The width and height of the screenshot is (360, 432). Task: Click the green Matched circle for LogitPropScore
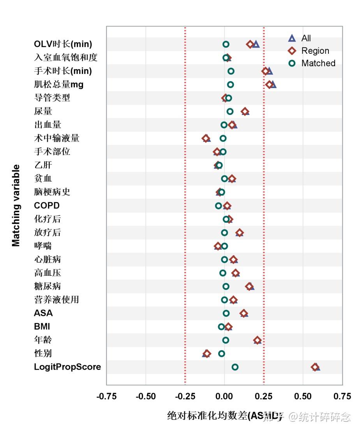pyautogui.click(x=235, y=367)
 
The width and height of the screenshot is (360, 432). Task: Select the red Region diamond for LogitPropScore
pyautogui.click(x=315, y=367)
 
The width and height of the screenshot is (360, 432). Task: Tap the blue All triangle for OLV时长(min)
pyautogui.click(x=256, y=44)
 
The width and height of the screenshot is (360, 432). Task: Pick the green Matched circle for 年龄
pyautogui.click(x=226, y=340)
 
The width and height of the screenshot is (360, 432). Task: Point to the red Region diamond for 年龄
pyautogui.click(x=257, y=340)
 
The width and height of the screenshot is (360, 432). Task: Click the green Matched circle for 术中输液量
pyautogui.click(x=223, y=138)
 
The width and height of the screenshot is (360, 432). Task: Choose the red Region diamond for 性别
pyautogui.click(x=207, y=354)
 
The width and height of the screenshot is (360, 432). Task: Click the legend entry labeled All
pyautogui.click(x=306, y=38)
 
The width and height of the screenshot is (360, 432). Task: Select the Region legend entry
pyautogui.click(x=315, y=51)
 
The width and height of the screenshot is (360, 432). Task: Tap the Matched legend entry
pyautogui.click(x=318, y=63)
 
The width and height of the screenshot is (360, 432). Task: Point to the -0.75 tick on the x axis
pyautogui.click(x=106, y=397)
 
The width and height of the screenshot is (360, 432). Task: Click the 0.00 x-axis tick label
pyautogui.click(x=224, y=397)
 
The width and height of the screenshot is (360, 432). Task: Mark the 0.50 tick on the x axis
pyautogui.click(x=303, y=397)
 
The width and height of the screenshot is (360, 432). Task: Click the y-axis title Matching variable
pyautogui.click(x=16, y=205)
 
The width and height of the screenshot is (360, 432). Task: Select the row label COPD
pyautogui.click(x=47, y=206)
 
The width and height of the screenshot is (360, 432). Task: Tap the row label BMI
pyautogui.click(x=42, y=326)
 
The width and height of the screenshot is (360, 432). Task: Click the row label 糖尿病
pyautogui.click(x=48, y=286)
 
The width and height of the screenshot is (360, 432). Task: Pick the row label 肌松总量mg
pyautogui.click(x=58, y=85)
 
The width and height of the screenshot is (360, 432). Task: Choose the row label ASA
pyautogui.click(x=43, y=313)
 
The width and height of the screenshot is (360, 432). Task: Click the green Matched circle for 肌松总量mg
pyautogui.click(x=231, y=85)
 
